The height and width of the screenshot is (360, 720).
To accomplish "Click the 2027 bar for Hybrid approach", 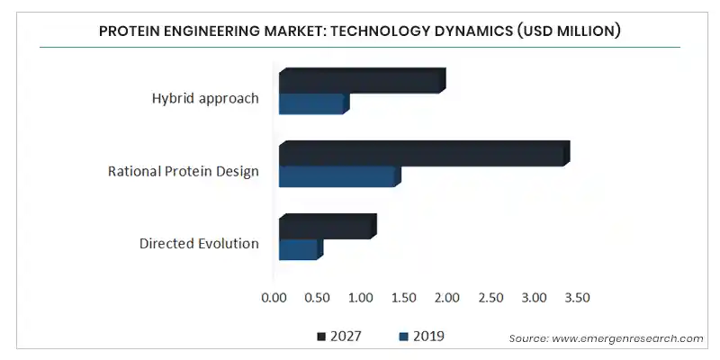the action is click(x=363, y=81).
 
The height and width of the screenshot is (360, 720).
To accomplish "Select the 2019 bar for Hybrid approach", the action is click(x=314, y=103).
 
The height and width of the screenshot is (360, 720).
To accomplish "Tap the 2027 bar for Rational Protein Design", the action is click(x=424, y=153).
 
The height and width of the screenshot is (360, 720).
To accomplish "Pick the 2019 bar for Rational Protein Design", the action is click(x=340, y=176).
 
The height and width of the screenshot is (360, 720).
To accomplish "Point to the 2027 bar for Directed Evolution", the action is click(x=328, y=227).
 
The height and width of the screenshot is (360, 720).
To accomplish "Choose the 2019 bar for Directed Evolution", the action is click(x=301, y=249).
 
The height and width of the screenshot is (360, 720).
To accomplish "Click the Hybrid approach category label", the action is click(x=205, y=99).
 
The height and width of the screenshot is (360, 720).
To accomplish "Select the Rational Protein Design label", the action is click(x=184, y=171).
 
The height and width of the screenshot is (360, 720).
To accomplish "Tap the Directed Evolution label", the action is click(x=199, y=243).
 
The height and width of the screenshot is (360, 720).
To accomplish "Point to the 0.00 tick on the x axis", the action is click(x=274, y=298).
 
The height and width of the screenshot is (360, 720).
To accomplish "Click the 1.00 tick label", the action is click(x=361, y=298).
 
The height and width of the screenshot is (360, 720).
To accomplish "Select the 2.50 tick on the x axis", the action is click(x=490, y=298).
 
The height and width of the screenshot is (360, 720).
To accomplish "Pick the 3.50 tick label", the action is click(x=577, y=298).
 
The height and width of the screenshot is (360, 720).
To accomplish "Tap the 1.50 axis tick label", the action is click(x=404, y=298).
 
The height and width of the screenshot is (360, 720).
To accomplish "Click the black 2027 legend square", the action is click(x=321, y=337).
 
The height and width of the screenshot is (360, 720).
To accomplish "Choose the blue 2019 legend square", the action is click(x=403, y=337).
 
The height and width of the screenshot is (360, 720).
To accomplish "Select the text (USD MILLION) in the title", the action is click(x=569, y=31).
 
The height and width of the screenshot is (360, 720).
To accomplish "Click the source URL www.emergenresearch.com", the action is click(x=627, y=339).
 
